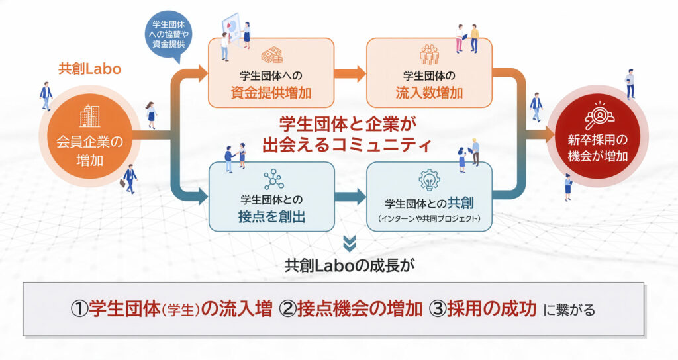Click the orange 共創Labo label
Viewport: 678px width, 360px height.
[89, 69]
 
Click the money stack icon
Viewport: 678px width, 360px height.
[271, 55]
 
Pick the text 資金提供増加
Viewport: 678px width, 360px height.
[271, 92]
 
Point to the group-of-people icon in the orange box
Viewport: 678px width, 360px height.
[429, 54]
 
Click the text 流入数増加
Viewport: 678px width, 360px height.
[429, 92]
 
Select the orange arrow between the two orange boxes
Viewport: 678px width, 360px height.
[349, 73]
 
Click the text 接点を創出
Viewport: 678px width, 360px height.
[272, 216]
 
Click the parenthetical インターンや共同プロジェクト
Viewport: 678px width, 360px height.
[429, 218]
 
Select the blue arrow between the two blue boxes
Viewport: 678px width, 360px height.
[349, 197]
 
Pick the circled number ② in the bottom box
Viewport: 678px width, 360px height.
[289, 309]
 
